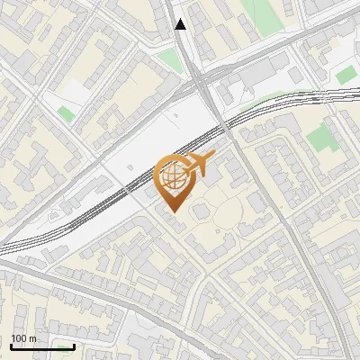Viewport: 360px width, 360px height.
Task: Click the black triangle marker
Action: (x=180, y=24)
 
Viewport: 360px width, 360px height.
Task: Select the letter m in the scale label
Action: (x=31, y=338)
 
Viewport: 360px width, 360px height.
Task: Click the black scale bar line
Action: (x=42, y=346)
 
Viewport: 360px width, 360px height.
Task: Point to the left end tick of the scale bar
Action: (x=11, y=345)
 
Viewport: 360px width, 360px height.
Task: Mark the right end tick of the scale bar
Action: (x=74, y=345)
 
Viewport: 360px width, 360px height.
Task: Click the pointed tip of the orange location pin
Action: (x=173, y=212)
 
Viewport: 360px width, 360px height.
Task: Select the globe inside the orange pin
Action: (x=172, y=176)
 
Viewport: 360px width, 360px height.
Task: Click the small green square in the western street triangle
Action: (x=65, y=113)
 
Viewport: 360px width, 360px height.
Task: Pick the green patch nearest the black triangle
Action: (x=170, y=60)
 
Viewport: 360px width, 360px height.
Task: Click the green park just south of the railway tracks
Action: (x=319, y=137)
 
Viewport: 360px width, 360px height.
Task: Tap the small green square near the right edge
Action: (x=346, y=76)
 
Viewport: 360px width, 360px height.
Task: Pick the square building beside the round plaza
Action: (x=201, y=211)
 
